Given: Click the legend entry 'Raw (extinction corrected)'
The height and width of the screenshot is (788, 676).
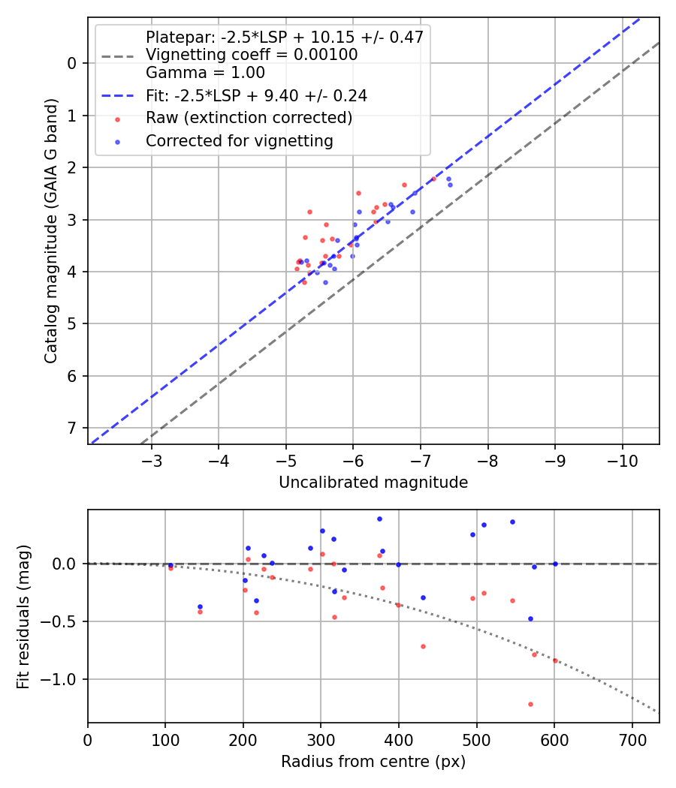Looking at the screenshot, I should (249, 119).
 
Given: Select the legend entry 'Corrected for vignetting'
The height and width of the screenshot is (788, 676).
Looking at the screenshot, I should (239, 140).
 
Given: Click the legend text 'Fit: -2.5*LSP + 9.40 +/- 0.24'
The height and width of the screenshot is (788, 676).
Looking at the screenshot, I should (256, 96).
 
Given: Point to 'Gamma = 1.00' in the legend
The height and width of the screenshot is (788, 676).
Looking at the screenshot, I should (205, 74).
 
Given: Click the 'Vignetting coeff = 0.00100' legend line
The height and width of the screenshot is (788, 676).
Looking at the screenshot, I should (251, 55).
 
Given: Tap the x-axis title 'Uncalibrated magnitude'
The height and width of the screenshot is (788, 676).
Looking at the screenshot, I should (373, 483).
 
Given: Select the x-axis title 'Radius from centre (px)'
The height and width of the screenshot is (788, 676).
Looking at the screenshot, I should (373, 762).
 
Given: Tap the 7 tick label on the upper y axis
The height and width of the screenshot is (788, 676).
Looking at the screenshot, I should (72, 428).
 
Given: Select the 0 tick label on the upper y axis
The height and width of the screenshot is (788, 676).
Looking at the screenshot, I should (72, 63).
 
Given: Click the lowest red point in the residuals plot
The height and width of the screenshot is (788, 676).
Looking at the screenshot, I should (530, 704).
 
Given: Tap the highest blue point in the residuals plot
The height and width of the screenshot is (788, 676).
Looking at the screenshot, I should (379, 519).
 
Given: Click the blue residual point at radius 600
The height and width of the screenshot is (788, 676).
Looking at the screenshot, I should (555, 564).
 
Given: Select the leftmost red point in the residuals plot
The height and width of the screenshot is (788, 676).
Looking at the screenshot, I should (171, 568).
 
